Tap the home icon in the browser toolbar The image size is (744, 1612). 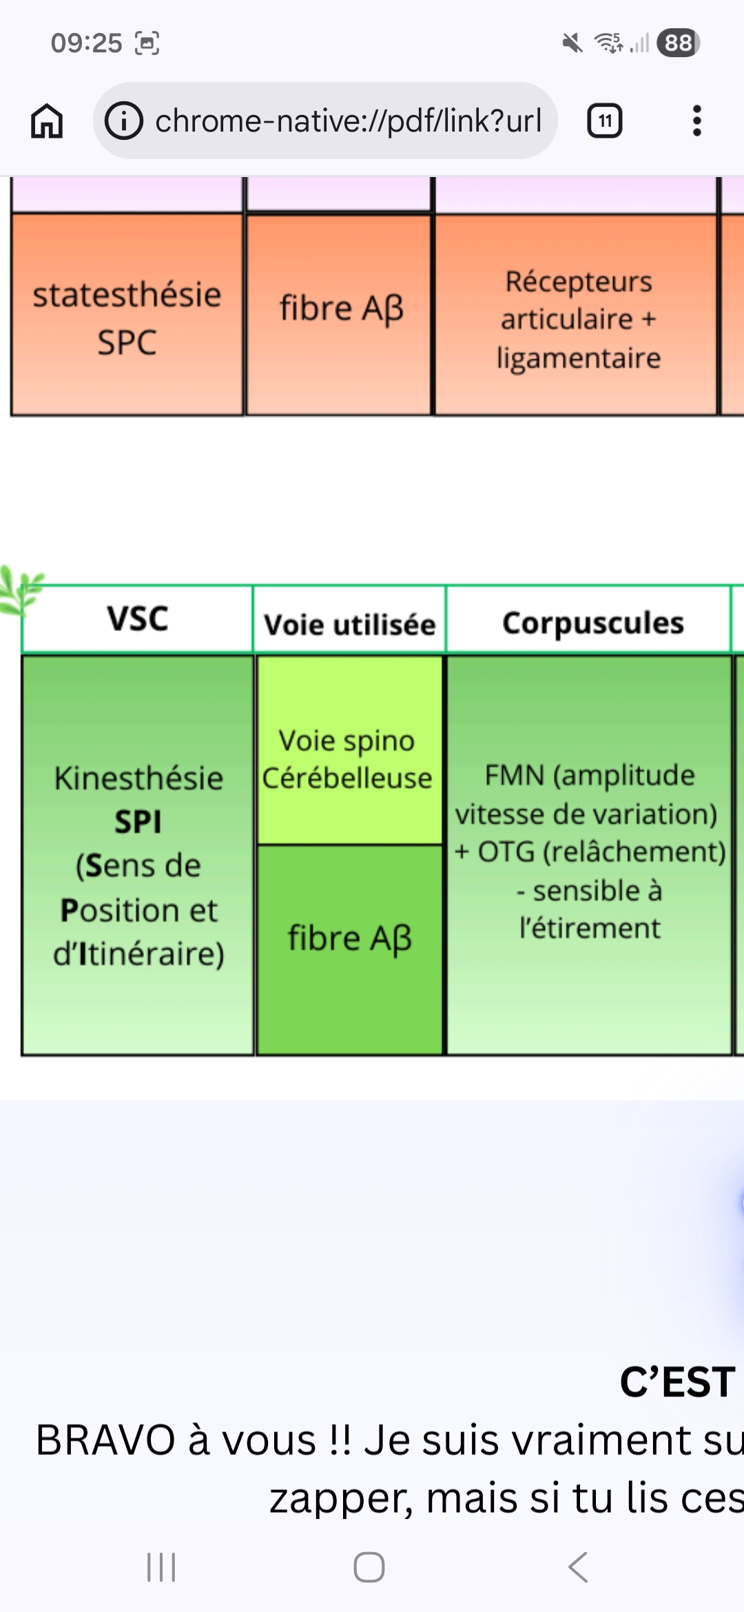click(47, 121)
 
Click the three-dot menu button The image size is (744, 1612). click(697, 121)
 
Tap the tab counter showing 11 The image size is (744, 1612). click(605, 121)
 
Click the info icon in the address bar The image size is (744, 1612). click(124, 121)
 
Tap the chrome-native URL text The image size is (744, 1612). click(348, 121)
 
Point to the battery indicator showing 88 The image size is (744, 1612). click(679, 43)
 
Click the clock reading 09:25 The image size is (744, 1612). click(86, 43)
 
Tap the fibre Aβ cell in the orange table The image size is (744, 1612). click(341, 308)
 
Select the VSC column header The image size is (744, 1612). click(138, 619)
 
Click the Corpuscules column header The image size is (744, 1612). click(592, 623)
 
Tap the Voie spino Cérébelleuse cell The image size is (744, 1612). click(347, 759)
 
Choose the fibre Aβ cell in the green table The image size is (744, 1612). click(349, 938)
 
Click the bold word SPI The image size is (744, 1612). click(138, 822)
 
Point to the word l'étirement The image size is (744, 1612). click(590, 929)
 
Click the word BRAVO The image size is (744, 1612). click(105, 1440)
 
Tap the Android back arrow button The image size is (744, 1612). click(578, 1567)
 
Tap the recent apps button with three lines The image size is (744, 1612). click(161, 1567)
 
